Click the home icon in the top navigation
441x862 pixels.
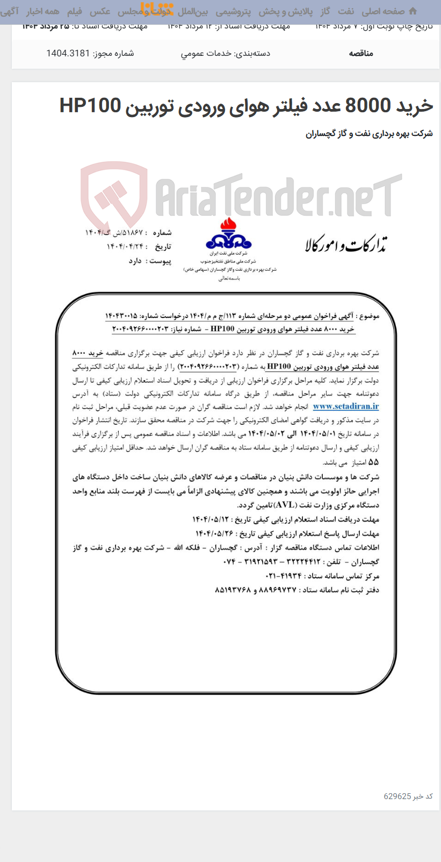pos(413,11)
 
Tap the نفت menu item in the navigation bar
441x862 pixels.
pos(346,11)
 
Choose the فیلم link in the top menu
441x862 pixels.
pos(75,11)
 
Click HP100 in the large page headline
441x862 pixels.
pos(90,105)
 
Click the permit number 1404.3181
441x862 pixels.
pos(68,53)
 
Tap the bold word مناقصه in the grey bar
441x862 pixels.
pos(361,53)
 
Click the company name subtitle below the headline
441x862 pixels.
pos(369,134)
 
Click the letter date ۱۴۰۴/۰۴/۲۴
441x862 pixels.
pos(125,247)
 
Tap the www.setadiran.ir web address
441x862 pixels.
pos(345,407)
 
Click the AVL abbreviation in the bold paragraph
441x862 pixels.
pos(284,505)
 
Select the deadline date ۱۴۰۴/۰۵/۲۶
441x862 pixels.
pos(213,533)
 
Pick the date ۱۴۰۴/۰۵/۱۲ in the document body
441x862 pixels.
pos(210,519)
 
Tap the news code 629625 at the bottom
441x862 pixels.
pos(397,796)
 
